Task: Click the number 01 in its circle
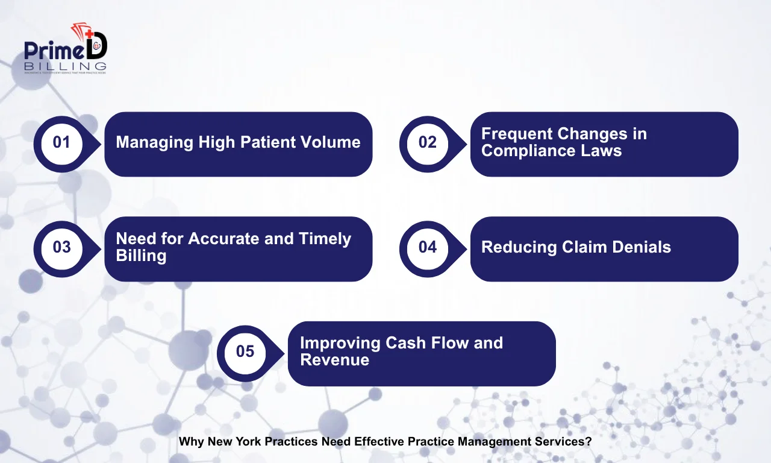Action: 61,143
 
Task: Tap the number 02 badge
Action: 427,143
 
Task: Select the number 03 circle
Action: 61,247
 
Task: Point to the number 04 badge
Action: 427,247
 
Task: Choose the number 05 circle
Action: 245,351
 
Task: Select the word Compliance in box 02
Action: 519,151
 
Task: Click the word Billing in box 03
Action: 141,256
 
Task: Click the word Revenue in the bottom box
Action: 334,360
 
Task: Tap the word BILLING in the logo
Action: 66,65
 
